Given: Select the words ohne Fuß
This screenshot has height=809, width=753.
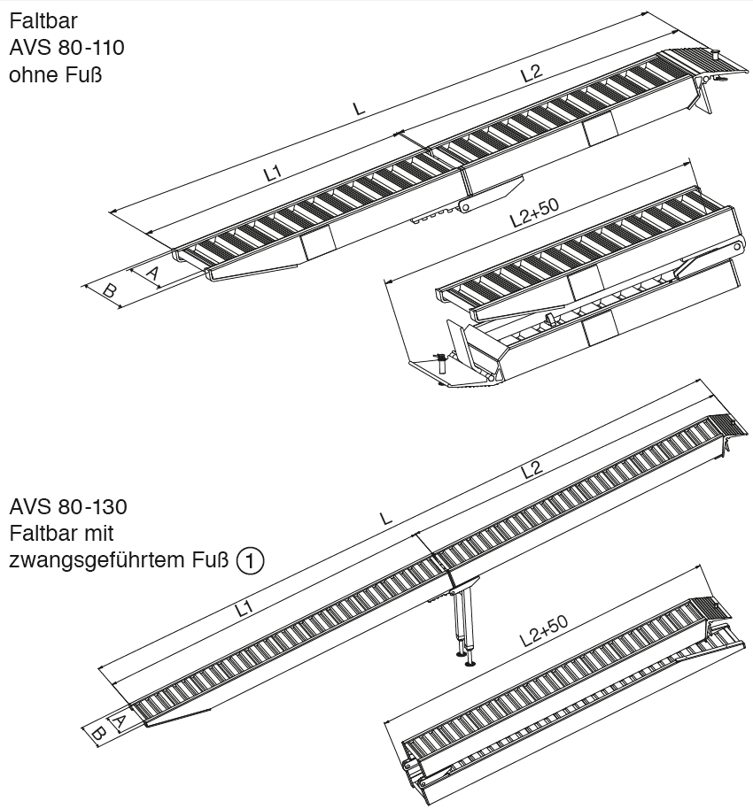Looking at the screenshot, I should coord(55,74).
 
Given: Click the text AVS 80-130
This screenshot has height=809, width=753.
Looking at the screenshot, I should coord(68,507).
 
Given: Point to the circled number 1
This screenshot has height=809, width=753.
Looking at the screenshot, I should coord(251,560).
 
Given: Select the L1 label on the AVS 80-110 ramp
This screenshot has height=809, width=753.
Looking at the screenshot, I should coord(274,174).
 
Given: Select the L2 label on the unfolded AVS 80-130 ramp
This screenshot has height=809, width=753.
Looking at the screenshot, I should coord(531,469).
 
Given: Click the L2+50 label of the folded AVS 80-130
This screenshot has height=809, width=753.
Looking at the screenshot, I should coord(542,633).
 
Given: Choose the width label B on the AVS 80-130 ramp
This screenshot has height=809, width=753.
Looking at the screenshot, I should coord(99,731).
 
